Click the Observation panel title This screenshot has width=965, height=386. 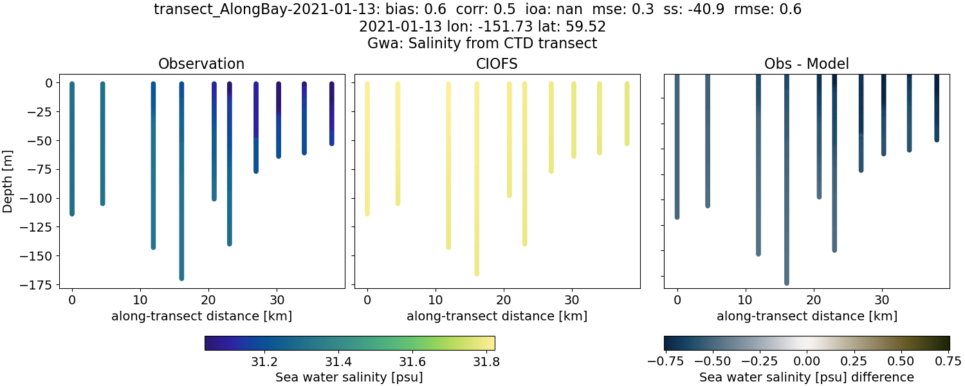[x=201, y=64]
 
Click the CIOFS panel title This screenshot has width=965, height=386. [x=497, y=64]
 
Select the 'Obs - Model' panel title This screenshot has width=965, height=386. [x=806, y=64]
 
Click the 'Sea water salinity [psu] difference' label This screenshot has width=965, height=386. [x=807, y=377]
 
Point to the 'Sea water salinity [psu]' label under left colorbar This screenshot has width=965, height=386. [x=349, y=377]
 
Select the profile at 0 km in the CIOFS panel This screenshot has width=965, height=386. [x=367, y=148]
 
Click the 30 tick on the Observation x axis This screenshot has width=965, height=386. [x=277, y=299]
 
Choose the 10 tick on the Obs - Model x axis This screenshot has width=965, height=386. [x=745, y=299]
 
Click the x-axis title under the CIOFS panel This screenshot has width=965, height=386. [x=497, y=316]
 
